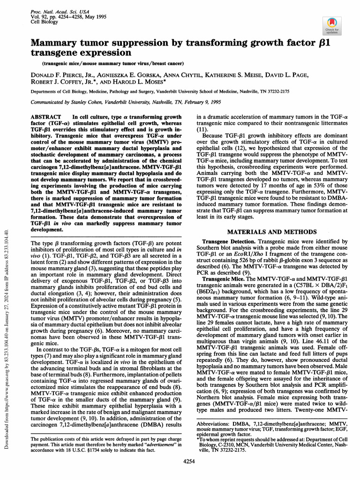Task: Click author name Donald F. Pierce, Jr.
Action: point(60,75)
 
